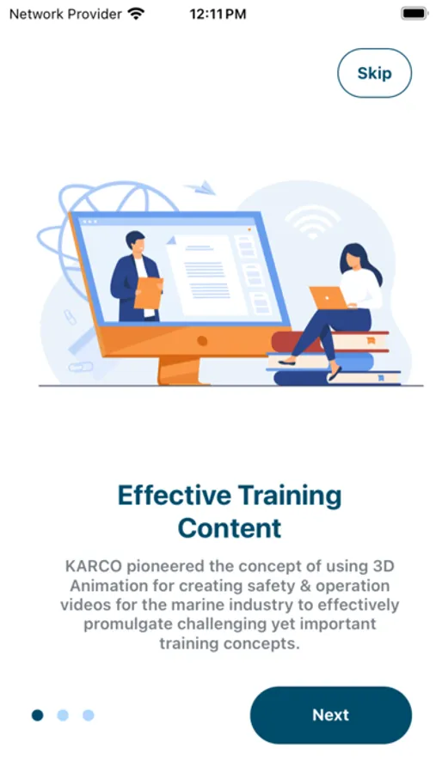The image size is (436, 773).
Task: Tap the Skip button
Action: [374, 73]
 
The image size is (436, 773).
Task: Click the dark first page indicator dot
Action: [38, 715]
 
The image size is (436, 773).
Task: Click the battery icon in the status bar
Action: [414, 14]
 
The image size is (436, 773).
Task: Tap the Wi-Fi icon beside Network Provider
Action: [136, 14]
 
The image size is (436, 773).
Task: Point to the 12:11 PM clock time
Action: [218, 15]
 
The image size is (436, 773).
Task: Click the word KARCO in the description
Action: [94, 566]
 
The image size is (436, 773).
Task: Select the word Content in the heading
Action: [230, 528]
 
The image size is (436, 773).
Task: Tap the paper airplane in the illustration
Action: [200, 188]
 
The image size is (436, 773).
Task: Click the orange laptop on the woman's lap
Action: [328, 298]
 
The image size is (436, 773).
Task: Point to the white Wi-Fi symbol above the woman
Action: [312, 222]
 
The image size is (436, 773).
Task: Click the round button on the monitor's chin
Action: [202, 341]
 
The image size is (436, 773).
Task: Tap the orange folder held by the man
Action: [149, 293]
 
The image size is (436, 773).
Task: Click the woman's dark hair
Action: [359, 261]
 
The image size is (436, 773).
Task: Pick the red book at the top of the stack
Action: [331, 341]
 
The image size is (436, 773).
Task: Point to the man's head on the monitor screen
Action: [135, 242]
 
